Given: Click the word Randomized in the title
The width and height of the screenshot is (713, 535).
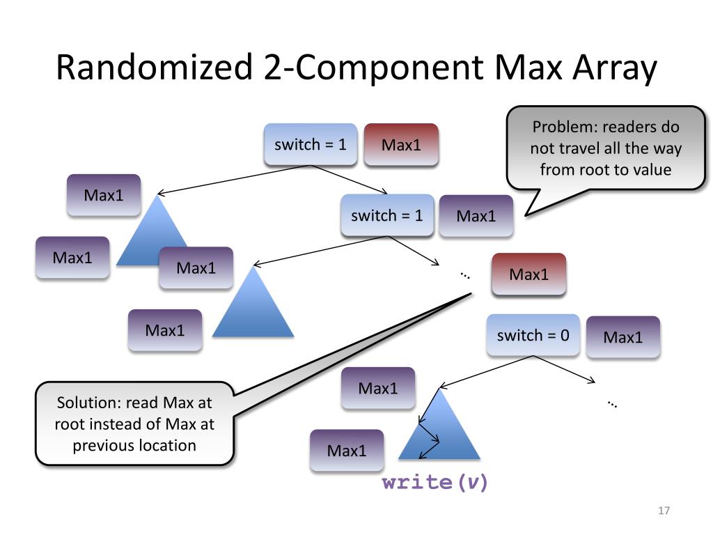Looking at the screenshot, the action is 154,67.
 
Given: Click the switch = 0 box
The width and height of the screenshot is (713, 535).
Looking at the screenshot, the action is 533,335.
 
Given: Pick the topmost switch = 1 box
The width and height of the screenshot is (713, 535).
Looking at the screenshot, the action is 311,144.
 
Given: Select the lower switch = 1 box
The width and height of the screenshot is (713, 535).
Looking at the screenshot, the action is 387,215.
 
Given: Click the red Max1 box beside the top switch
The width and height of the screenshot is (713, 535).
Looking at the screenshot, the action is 401,145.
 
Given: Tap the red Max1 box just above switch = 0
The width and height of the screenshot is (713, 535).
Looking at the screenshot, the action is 529,274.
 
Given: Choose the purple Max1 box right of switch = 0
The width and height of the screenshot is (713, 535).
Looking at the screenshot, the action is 623,337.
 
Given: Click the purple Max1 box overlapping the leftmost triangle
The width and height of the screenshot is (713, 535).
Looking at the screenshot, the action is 196,268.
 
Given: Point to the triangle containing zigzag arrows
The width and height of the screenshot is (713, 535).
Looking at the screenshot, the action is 439,424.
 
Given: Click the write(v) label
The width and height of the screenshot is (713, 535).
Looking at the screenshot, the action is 434,482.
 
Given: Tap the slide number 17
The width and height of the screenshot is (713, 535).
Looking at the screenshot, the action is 664,511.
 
